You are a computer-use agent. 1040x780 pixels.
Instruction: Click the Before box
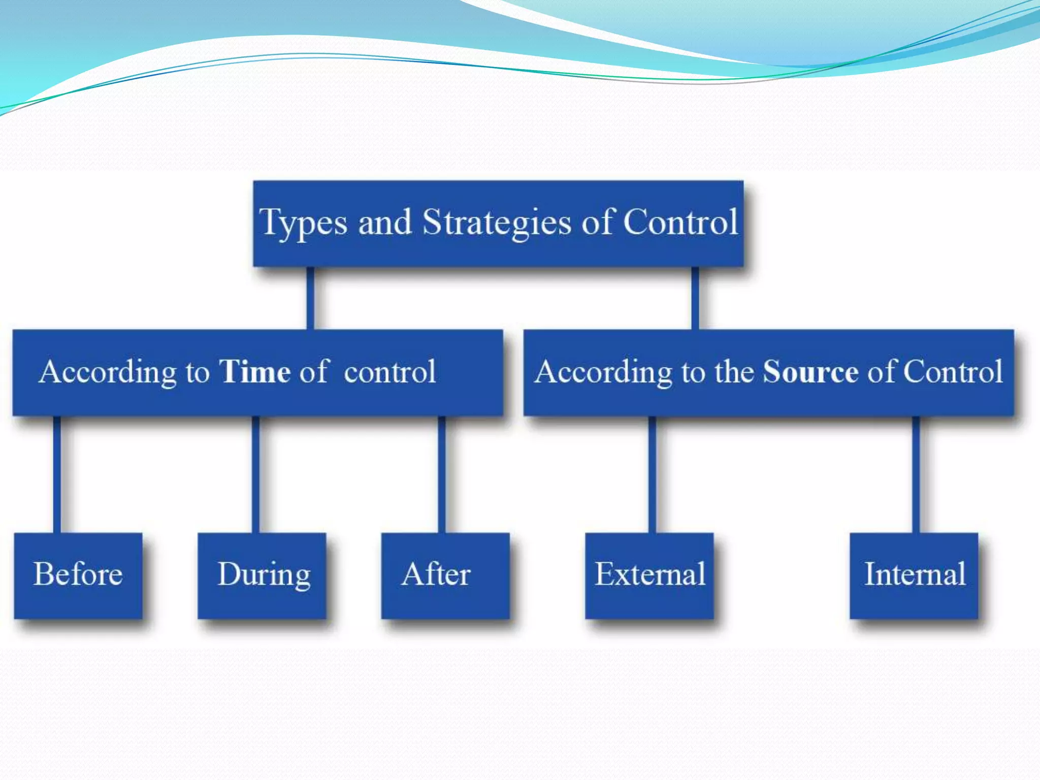click(x=78, y=575)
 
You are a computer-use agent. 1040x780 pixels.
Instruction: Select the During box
click(x=262, y=575)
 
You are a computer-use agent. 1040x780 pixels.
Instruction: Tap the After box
click(x=445, y=575)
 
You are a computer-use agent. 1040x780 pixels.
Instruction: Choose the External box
click(x=649, y=575)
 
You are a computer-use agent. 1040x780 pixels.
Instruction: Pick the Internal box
click(x=914, y=575)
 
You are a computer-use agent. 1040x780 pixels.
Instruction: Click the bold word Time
click(x=254, y=371)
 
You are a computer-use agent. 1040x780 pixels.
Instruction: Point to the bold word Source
click(x=810, y=371)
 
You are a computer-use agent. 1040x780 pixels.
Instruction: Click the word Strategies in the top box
click(x=497, y=222)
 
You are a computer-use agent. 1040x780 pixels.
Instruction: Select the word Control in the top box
click(x=680, y=222)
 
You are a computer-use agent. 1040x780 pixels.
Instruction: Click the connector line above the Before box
click(x=57, y=474)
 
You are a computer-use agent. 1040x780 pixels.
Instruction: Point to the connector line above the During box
click(x=255, y=474)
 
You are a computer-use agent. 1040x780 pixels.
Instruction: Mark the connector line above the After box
click(x=442, y=474)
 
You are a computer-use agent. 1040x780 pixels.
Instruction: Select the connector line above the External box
click(x=652, y=474)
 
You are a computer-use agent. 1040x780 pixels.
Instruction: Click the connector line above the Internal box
click(x=916, y=474)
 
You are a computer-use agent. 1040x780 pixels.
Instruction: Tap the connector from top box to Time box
click(x=310, y=298)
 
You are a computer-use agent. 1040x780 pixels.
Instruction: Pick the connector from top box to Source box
click(x=695, y=298)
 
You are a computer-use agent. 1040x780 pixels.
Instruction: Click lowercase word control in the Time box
click(x=389, y=371)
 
